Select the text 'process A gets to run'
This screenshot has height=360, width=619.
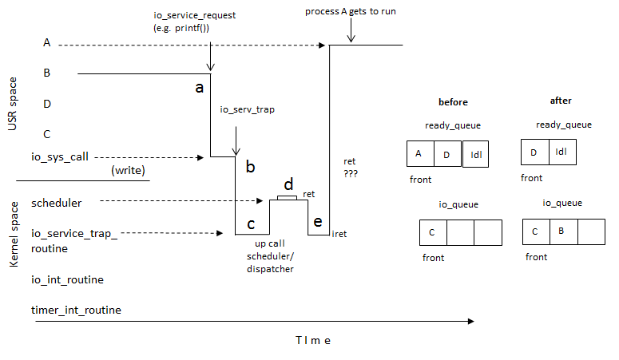[350, 11]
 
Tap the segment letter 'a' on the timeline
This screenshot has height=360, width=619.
[200, 88]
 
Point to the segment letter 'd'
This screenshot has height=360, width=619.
[288, 184]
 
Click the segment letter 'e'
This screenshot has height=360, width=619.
[318, 221]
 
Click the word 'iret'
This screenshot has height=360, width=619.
[339, 234]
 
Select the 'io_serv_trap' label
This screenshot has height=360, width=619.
[247, 110]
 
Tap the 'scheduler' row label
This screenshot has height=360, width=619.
[56, 203]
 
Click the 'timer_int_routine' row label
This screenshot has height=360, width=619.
[76, 309]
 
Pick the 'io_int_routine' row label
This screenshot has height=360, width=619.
[67, 279]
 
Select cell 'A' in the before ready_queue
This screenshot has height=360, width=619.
[419, 152]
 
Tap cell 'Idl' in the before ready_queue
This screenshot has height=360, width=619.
[477, 153]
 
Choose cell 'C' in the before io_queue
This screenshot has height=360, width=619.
[432, 231]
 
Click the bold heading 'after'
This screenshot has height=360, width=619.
[561, 101]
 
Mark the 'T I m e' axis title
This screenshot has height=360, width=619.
[312, 340]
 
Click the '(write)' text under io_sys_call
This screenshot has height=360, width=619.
[128, 170]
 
